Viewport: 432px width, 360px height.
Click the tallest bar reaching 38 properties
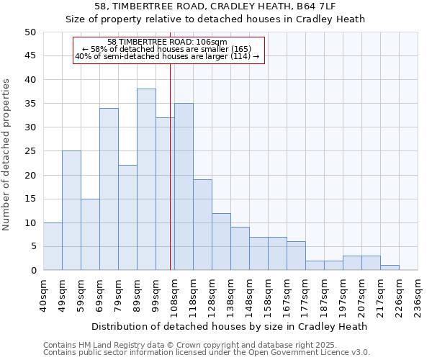[x=146, y=179]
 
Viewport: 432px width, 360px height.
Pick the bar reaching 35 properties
[x=184, y=186]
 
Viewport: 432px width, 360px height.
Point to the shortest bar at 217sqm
[x=390, y=268]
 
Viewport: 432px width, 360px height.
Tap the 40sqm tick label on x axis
[x=44, y=295]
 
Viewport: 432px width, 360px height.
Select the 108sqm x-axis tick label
[x=175, y=295]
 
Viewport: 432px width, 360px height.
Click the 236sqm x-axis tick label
[x=418, y=295]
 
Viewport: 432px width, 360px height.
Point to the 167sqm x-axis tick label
[x=287, y=295]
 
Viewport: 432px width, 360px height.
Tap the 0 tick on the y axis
[x=32, y=271]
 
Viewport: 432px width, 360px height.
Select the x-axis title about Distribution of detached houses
[x=231, y=326]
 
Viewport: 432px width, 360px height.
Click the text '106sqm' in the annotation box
[x=212, y=41]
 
